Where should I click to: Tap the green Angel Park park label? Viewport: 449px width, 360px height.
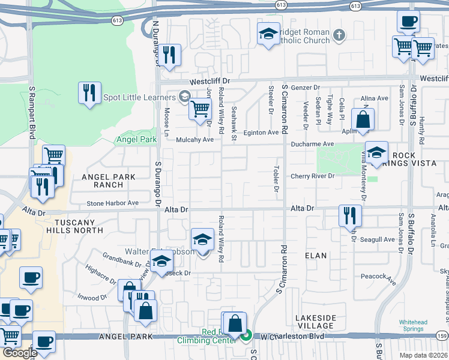coord(136,139)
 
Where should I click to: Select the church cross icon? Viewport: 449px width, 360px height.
coord(339,35)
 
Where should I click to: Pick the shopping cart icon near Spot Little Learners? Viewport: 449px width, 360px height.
coord(200,109)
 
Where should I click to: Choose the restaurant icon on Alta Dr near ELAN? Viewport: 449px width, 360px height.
coord(350,215)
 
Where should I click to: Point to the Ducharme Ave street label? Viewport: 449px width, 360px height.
coord(312,145)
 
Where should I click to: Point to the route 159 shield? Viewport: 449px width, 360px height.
coord(442,336)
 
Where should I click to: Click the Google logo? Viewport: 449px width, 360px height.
coord(20,353)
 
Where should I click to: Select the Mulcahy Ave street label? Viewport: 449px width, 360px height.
coord(194,140)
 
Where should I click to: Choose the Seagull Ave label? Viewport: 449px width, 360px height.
coord(378,240)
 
